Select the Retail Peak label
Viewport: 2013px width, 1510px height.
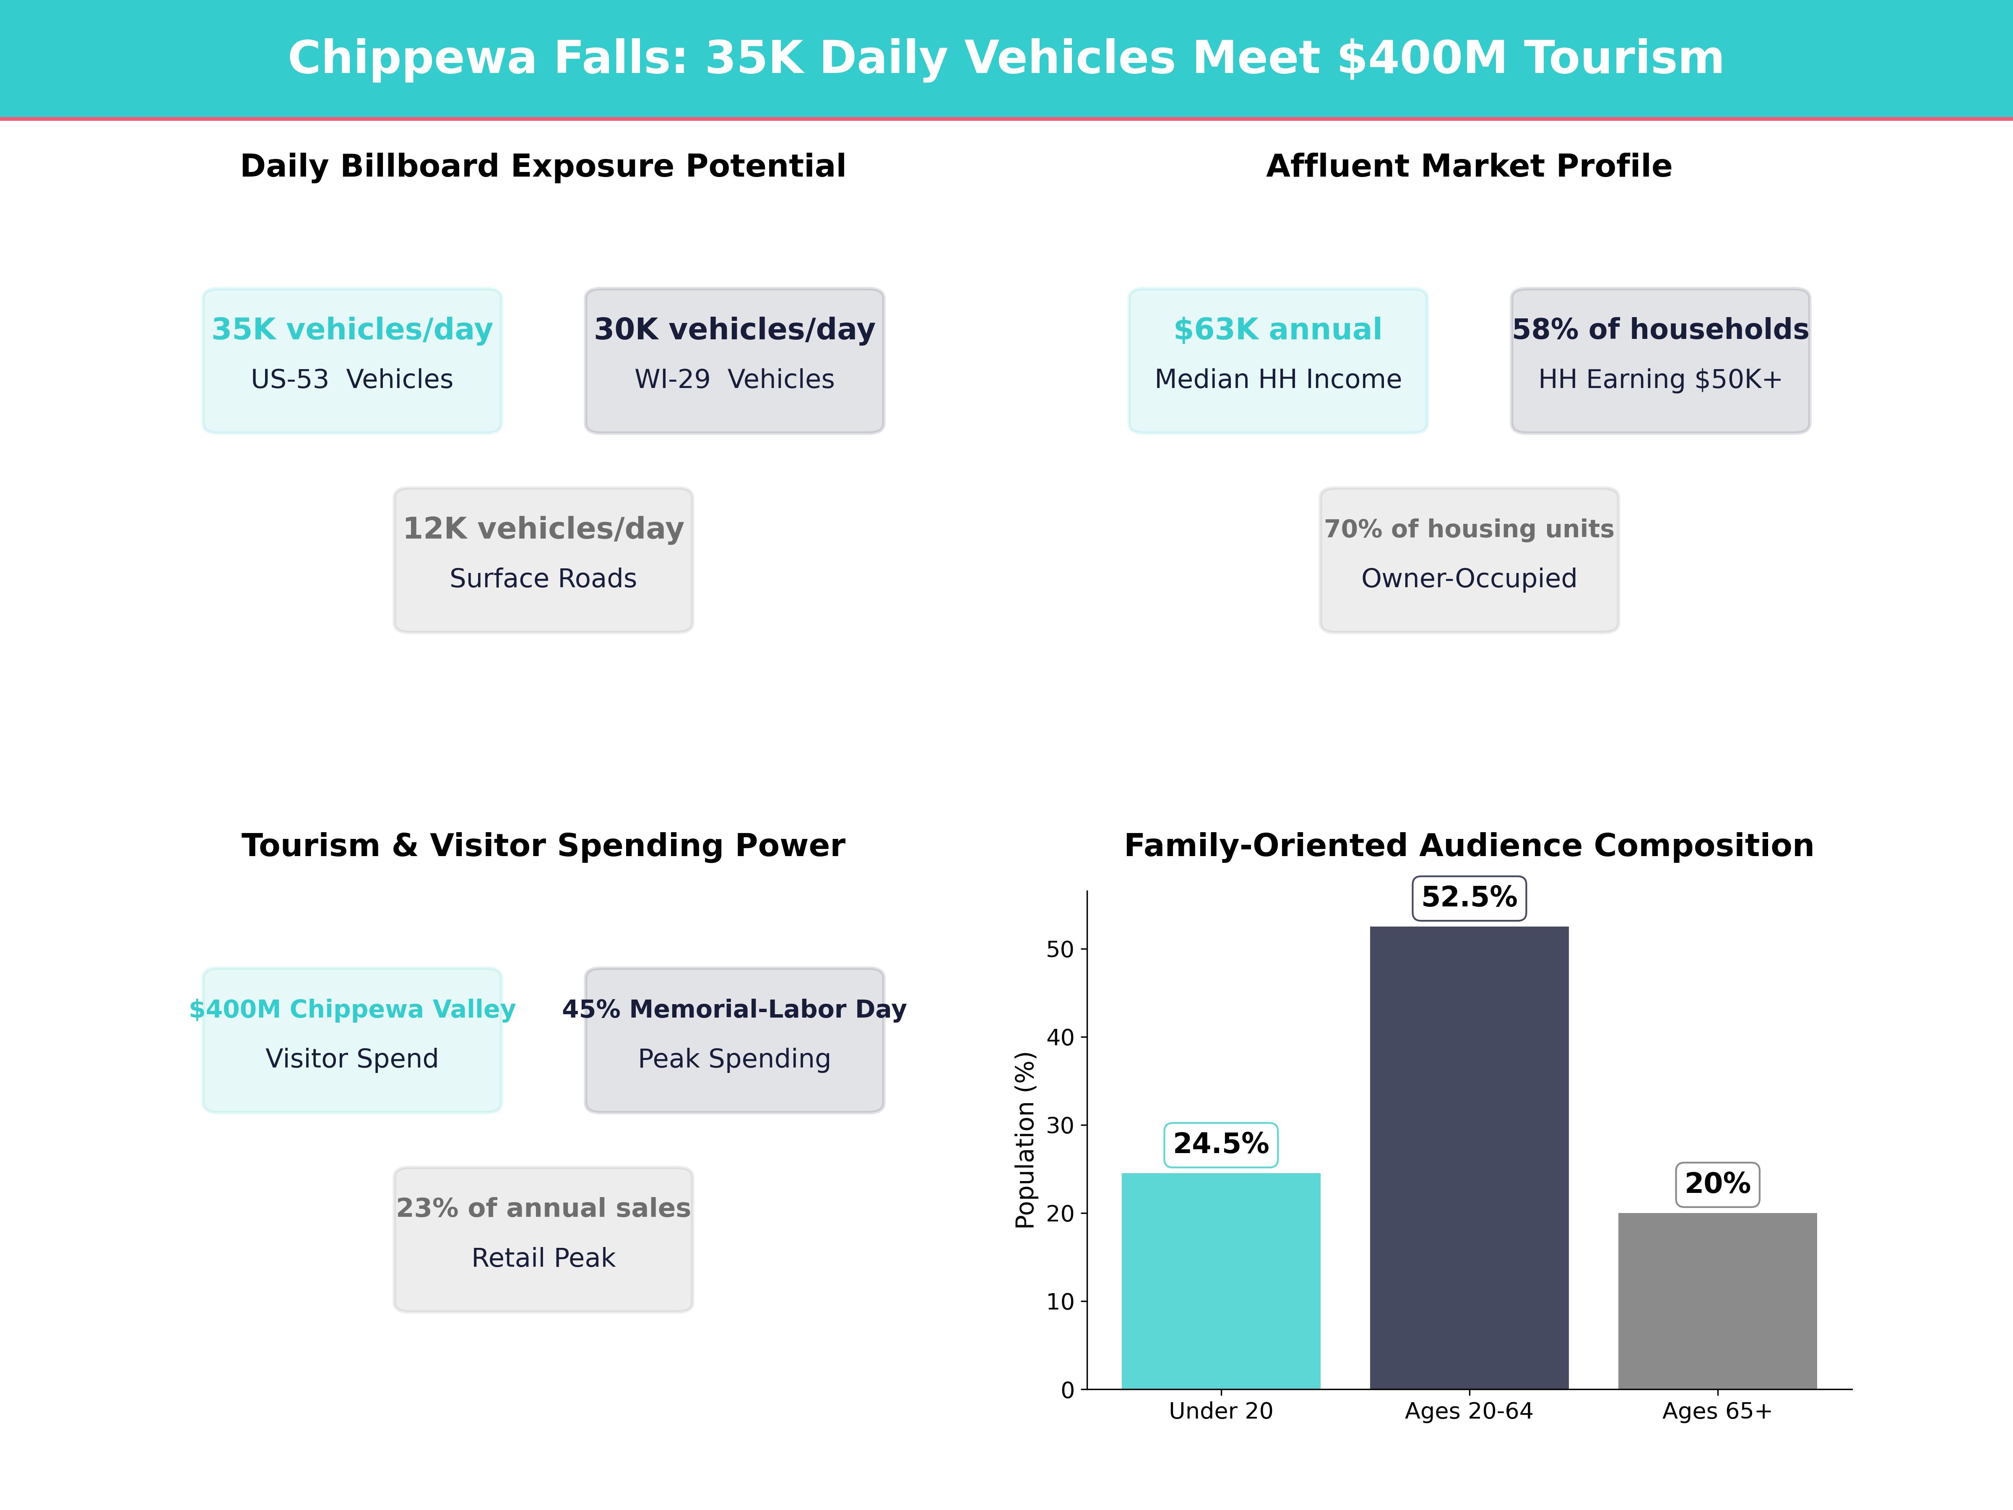[543, 1258]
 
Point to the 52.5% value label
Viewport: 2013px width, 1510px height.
[1469, 898]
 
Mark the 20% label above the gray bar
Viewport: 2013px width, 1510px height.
[1717, 1184]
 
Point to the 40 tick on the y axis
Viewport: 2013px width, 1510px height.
[1060, 1038]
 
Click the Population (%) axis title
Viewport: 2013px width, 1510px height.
[1026, 1140]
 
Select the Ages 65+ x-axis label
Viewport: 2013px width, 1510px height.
[1717, 1412]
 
